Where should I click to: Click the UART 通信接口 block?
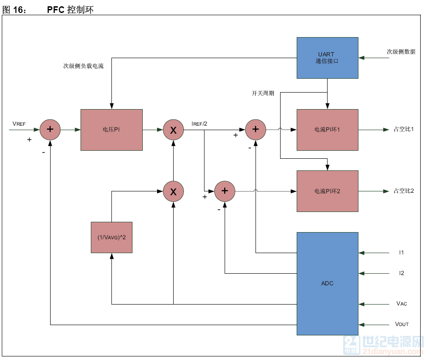click(x=327, y=58)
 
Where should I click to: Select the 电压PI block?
click(x=111, y=130)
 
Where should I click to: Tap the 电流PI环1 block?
click(x=327, y=130)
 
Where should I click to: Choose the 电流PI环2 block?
click(x=327, y=191)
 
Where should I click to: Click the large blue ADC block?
click(x=327, y=283)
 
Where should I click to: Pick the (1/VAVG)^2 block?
click(x=111, y=237)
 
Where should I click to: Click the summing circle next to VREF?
click(x=50, y=130)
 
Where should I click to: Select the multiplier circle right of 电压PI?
click(x=173, y=130)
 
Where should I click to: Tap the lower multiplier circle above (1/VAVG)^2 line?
click(x=173, y=191)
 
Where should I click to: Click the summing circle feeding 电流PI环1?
click(x=256, y=130)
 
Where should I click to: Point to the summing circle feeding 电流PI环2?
click(x=225, y=191)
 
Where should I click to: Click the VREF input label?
click(x=19, y=123)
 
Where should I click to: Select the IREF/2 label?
click(x=199, y=123)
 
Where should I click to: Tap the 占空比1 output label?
click(x=404, y=130)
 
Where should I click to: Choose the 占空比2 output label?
click(x=404, y=191)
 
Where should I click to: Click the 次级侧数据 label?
click(x=401, y=52)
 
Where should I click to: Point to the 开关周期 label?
click(x=263, y=93)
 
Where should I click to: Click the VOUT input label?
click(x=402, y=324)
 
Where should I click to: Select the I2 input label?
click(x=402, y=273)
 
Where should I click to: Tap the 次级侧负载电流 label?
click(x=83, y=66)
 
